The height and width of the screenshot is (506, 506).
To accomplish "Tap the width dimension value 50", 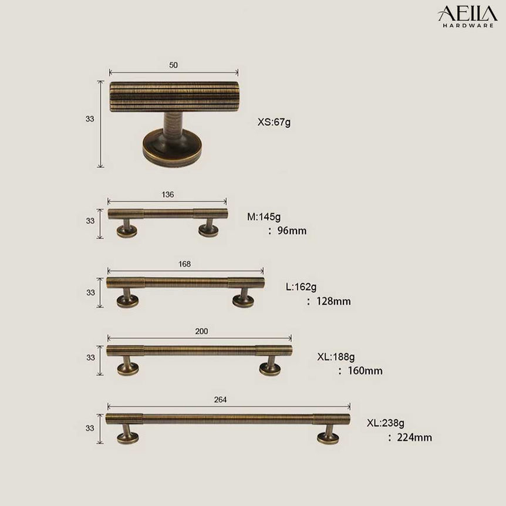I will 173,65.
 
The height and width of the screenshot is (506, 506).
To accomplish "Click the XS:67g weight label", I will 274,123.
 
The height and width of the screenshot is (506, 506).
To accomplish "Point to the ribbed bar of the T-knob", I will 174,96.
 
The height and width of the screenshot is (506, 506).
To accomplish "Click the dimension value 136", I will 167,194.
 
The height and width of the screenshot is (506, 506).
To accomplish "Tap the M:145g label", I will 264,217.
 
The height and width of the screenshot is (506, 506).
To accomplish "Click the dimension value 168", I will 184,264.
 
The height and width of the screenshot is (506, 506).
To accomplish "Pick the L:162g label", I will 301,287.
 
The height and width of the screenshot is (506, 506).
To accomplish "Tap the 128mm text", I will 329,302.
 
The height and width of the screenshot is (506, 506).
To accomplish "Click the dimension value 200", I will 201,331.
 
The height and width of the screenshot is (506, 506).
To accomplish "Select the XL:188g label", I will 336,356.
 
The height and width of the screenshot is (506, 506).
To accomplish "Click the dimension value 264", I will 221,400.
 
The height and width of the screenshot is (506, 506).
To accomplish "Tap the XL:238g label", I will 386,423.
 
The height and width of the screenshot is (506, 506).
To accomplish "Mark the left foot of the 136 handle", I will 127,228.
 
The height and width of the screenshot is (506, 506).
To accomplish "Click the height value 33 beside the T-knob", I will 90,119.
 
